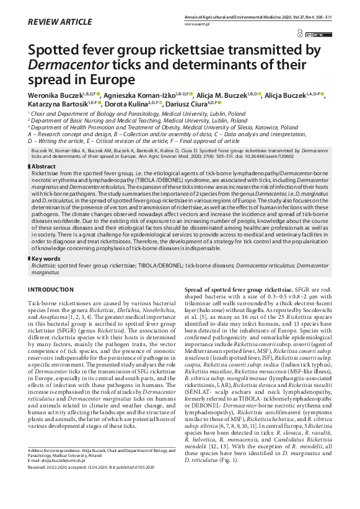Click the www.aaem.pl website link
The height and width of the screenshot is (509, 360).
[196, 23]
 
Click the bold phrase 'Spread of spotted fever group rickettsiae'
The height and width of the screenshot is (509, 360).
[239, 290]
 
